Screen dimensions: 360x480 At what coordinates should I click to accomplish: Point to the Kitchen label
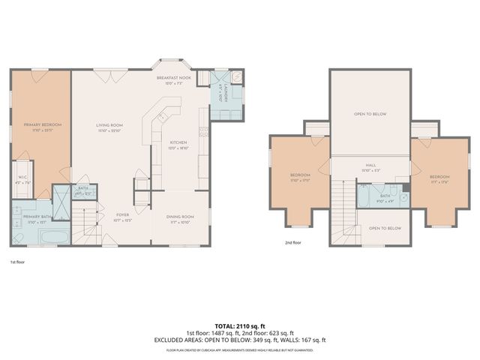(x=178, y=143)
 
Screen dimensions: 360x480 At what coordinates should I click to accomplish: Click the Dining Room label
(x=180, y=218)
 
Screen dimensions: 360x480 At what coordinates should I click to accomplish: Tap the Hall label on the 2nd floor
(x=370, y=167)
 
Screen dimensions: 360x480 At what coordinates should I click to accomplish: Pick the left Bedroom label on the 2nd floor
(x=299, y=178)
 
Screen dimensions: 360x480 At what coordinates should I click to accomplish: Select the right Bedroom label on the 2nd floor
(x=439, y=178)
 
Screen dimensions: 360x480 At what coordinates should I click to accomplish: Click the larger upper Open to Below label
(x=370, y=115)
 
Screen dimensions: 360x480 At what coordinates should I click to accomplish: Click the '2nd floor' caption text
(x=293, y=243)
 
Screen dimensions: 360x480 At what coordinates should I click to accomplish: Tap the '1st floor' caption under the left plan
(x=19, y=262)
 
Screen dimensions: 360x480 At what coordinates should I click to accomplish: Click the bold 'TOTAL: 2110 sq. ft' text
(x=239, y=327)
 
